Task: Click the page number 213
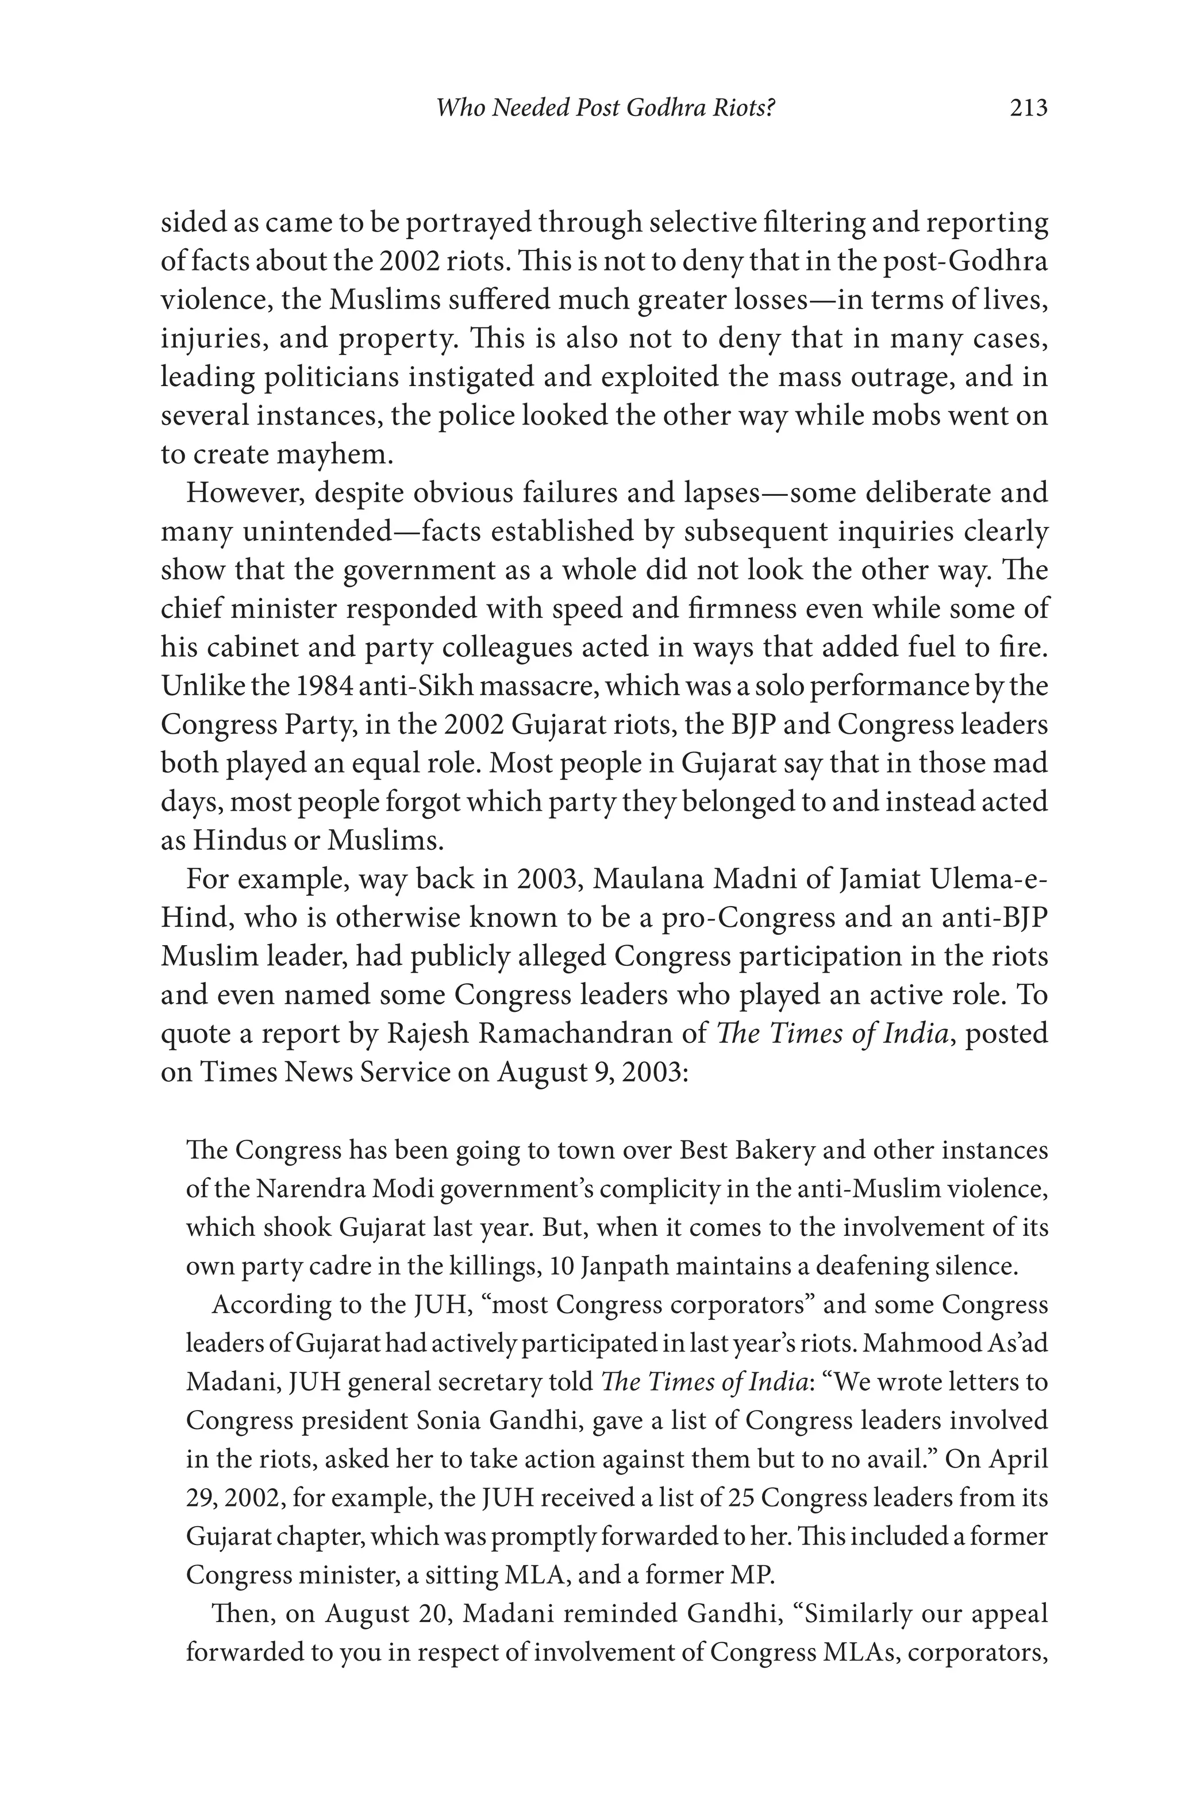[x=1028, y=109]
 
